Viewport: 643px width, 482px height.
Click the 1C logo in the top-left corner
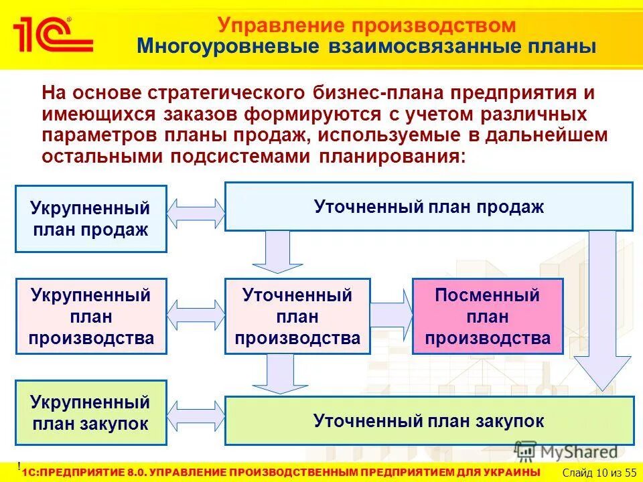click(52, 33)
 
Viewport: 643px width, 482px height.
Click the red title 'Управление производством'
click(367, 25)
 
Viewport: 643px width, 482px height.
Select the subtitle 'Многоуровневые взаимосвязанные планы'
click(366, 47)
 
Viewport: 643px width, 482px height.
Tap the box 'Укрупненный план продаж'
click(90, 219)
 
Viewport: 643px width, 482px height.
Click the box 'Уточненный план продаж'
click(429, 206)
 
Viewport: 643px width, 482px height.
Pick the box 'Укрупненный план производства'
click(90, 317)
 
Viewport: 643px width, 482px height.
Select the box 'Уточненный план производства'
click(297, 317)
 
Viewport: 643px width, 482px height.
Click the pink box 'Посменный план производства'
click(488, 317)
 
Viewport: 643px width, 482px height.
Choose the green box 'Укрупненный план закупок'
click(90, 412)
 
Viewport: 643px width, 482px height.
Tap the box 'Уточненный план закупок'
click(429, 421)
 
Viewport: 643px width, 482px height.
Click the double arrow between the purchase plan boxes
click(196, 418)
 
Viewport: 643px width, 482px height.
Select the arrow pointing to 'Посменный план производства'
click(391, 311)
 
